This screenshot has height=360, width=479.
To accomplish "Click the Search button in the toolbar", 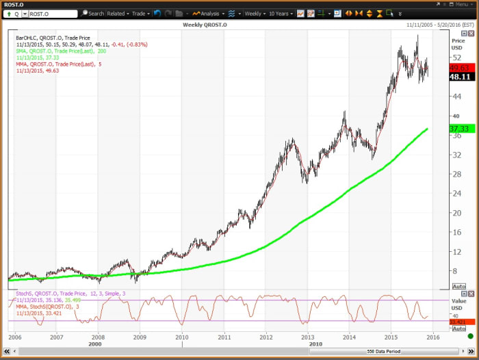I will point(93,13).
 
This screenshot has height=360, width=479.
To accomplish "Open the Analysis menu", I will point(206,13).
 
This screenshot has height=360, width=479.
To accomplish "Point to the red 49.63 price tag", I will point(458,68).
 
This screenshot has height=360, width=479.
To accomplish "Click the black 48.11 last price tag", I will point(458,77).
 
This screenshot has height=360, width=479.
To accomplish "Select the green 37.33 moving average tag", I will point(458,129).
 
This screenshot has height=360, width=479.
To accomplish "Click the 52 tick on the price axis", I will point(455,57).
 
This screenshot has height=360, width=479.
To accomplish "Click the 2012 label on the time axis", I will point(266,337).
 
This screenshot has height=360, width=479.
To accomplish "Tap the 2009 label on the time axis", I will point(140,337).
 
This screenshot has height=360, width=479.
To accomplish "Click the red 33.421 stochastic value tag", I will point(458,322).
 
